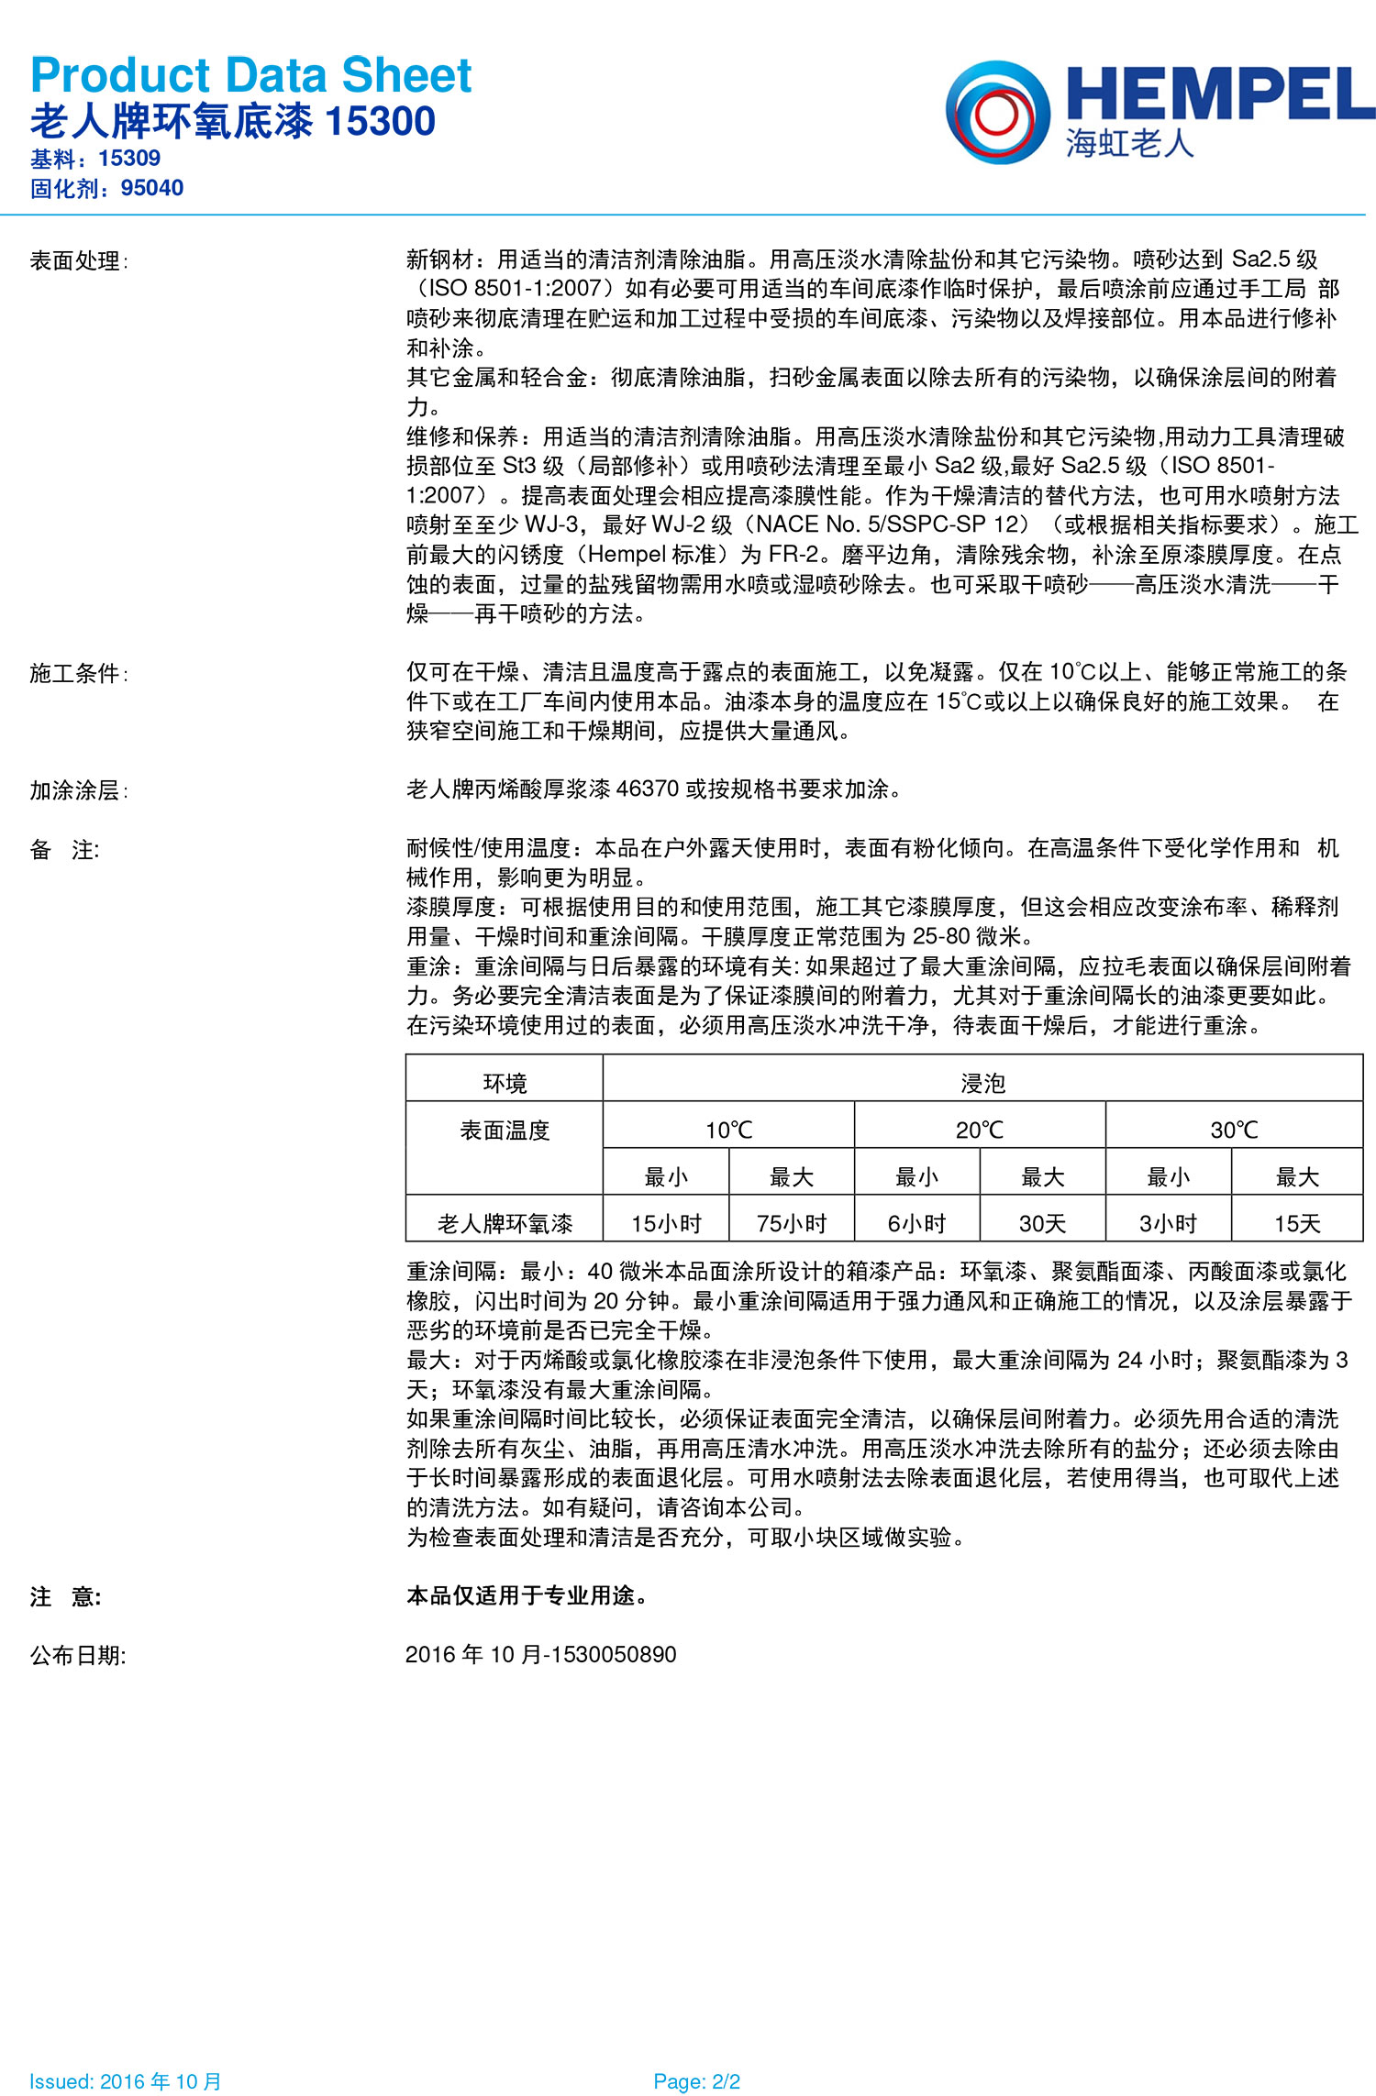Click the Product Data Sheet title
(x=250, y=75)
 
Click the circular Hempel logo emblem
(x=997, y=112)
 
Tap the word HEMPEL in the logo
(x=1220, y=94)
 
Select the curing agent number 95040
(x=152, y=188)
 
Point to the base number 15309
(x=129, y=159)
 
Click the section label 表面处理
(x=76, y=261)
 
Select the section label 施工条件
(x=76, y=674)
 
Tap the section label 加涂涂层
(x=76, y=790)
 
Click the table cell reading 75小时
(x=792, y=1223)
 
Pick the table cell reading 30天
(x=1042, y=1223)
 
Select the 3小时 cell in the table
(x=1168, y=1223)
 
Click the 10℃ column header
(x=728, y=1130)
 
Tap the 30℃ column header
(x=1234, y=1130)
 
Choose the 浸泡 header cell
(x=982, y=1084)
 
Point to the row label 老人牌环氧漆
(x=505, y=1223)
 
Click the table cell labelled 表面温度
(x=505, y=1131)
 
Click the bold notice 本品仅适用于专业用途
(x=527, y=1595)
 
